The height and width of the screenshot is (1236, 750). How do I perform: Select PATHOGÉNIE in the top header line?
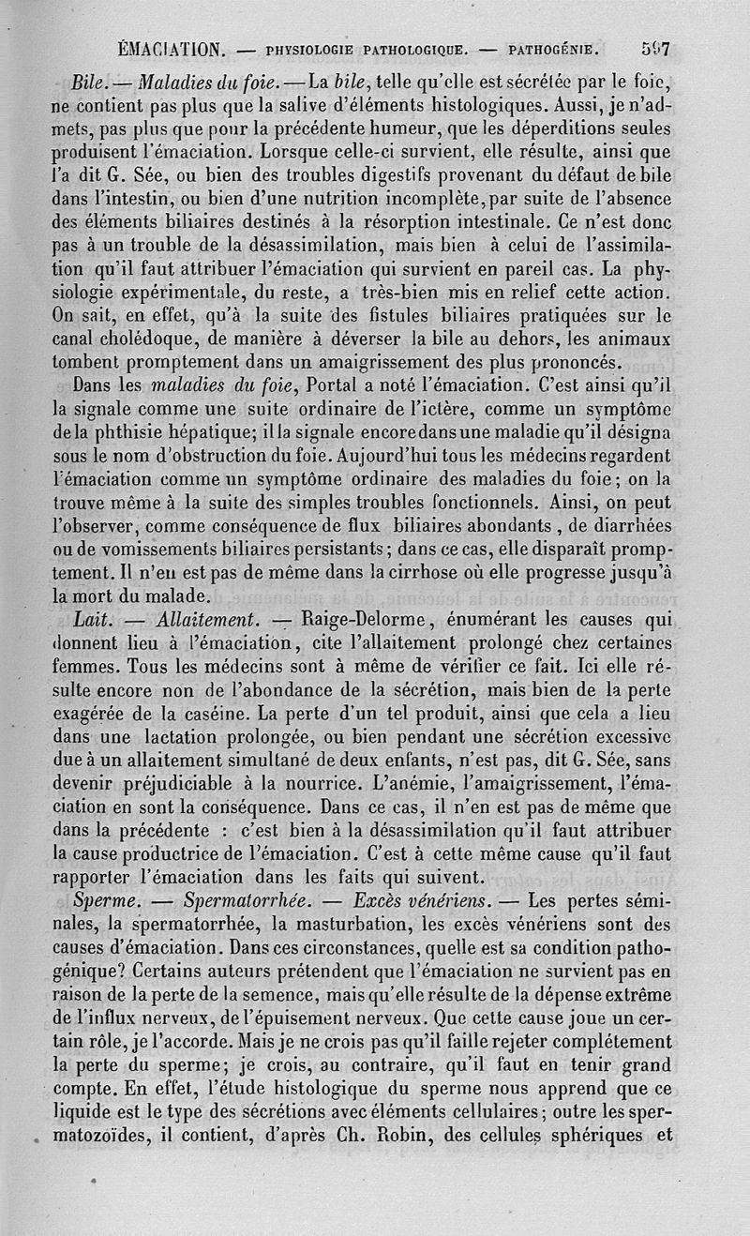coord(551,46)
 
